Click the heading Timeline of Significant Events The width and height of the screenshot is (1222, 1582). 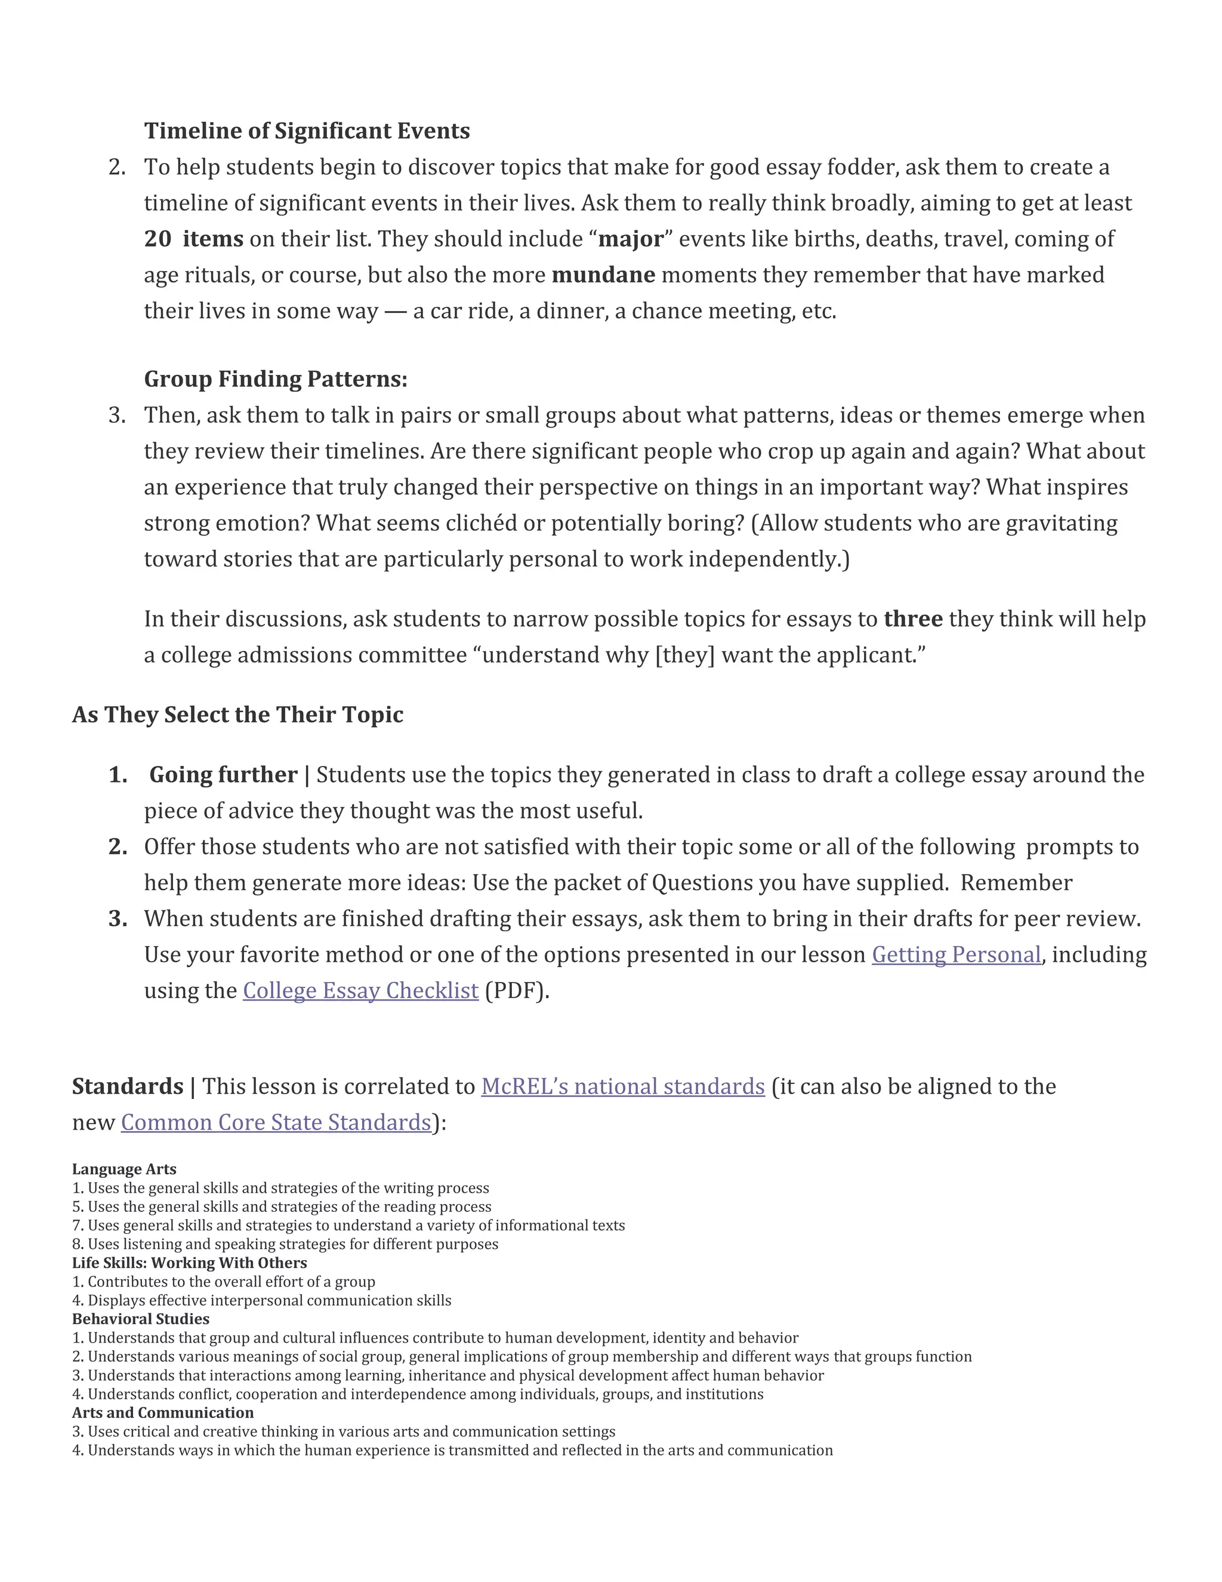pyautogui.click(x=307, y=131)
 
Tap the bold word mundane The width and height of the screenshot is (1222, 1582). pyautogui.click(x=603, y=275)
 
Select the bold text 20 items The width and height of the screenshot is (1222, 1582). pyautogui.click(x=193, y=239)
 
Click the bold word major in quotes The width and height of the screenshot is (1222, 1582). pyautogui.click(x=631, y=239)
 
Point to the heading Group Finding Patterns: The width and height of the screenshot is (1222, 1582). pyautogui.click(x=276, y=379)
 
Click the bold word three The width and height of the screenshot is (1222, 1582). pyautogui.click(x=913, y=618)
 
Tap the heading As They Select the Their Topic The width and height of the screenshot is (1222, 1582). pyautogui.click(x=237, y=715)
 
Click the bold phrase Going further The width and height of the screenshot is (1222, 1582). pyautogui.click(x=223, y=775)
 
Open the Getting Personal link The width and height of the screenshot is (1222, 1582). pyautogui.click(x=956, y=955)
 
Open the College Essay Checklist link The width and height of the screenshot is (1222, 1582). pyautogui.click(x=360, y=991)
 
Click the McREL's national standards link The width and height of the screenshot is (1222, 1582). pyautogui.click(x=622, y=1087)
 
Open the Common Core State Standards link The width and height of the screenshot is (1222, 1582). pyautogui.click(x=276, y=1123)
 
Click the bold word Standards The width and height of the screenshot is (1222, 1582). pyautogui.click(x=128, y=1087)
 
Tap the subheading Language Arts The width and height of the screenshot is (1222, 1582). pyautogui.click(x=124, y=1169)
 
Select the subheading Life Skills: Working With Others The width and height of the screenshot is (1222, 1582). pyautogui.click(x=189, y=1263)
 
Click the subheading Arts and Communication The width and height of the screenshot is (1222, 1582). pyautogui.click(x=163, y=1412)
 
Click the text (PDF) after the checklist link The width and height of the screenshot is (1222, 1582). pyautogui.click(x=516, y=991)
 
